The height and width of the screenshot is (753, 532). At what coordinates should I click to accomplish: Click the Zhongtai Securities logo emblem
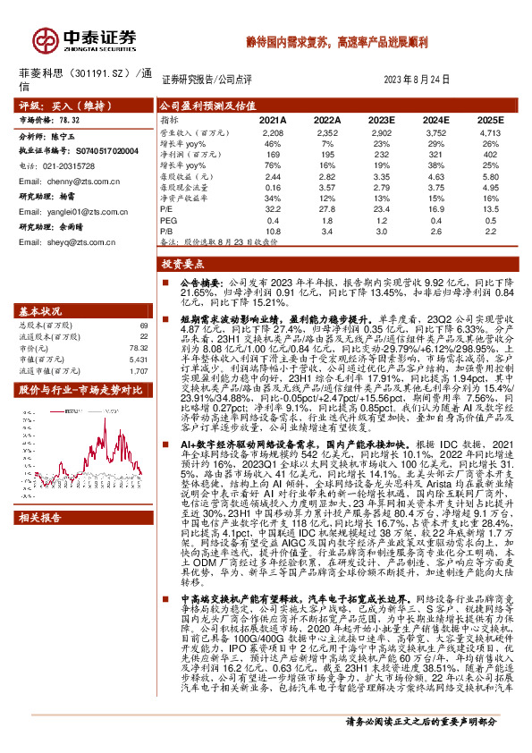[x=44, y=39]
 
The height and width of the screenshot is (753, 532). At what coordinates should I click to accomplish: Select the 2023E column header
[x=381, y=118]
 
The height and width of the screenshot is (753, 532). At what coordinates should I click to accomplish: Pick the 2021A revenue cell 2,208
[x=272, y=131]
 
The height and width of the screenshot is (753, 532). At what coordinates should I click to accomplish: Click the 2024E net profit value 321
[x=436, y=154]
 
